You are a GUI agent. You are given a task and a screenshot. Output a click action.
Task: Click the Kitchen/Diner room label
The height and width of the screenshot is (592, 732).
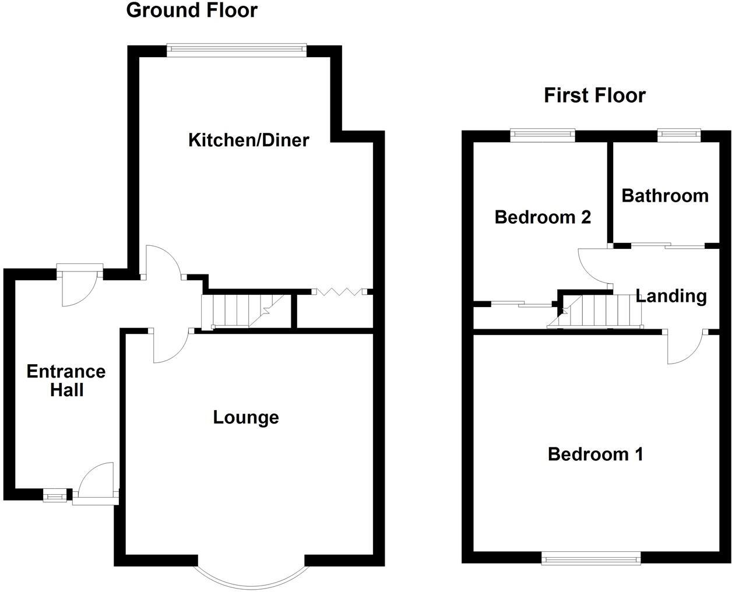pos(248,140)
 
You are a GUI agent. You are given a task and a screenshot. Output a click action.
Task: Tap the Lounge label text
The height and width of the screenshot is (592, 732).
pos(245,417)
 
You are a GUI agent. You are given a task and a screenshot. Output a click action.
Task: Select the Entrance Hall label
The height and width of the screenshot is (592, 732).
pos(66,380)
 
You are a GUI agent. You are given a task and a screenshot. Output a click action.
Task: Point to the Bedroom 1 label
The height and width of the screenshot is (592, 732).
pos(595,454)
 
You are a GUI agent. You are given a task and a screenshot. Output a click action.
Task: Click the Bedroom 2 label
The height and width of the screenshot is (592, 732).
pos(543,217)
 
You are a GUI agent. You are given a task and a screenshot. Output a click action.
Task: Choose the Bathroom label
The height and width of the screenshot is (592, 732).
pos(665,195)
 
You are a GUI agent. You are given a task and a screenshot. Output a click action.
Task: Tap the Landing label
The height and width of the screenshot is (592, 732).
pos(671,296)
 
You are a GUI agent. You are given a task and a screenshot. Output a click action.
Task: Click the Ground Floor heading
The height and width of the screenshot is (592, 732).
pos(191,10)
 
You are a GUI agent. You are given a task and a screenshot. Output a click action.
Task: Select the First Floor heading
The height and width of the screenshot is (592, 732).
pos(594,95)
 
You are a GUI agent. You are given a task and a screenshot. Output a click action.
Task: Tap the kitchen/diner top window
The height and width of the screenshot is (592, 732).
pos(236,50)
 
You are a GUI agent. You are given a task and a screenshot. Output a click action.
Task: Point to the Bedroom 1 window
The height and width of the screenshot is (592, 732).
pos(591,559)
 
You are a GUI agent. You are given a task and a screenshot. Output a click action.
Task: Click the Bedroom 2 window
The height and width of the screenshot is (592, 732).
pos(543,135)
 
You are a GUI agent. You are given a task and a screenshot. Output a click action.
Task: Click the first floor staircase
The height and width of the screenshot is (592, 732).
pos(597,311)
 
